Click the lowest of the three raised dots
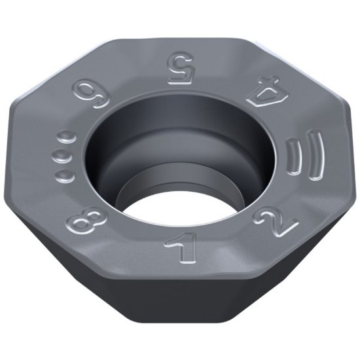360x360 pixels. tap(65, 173)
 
